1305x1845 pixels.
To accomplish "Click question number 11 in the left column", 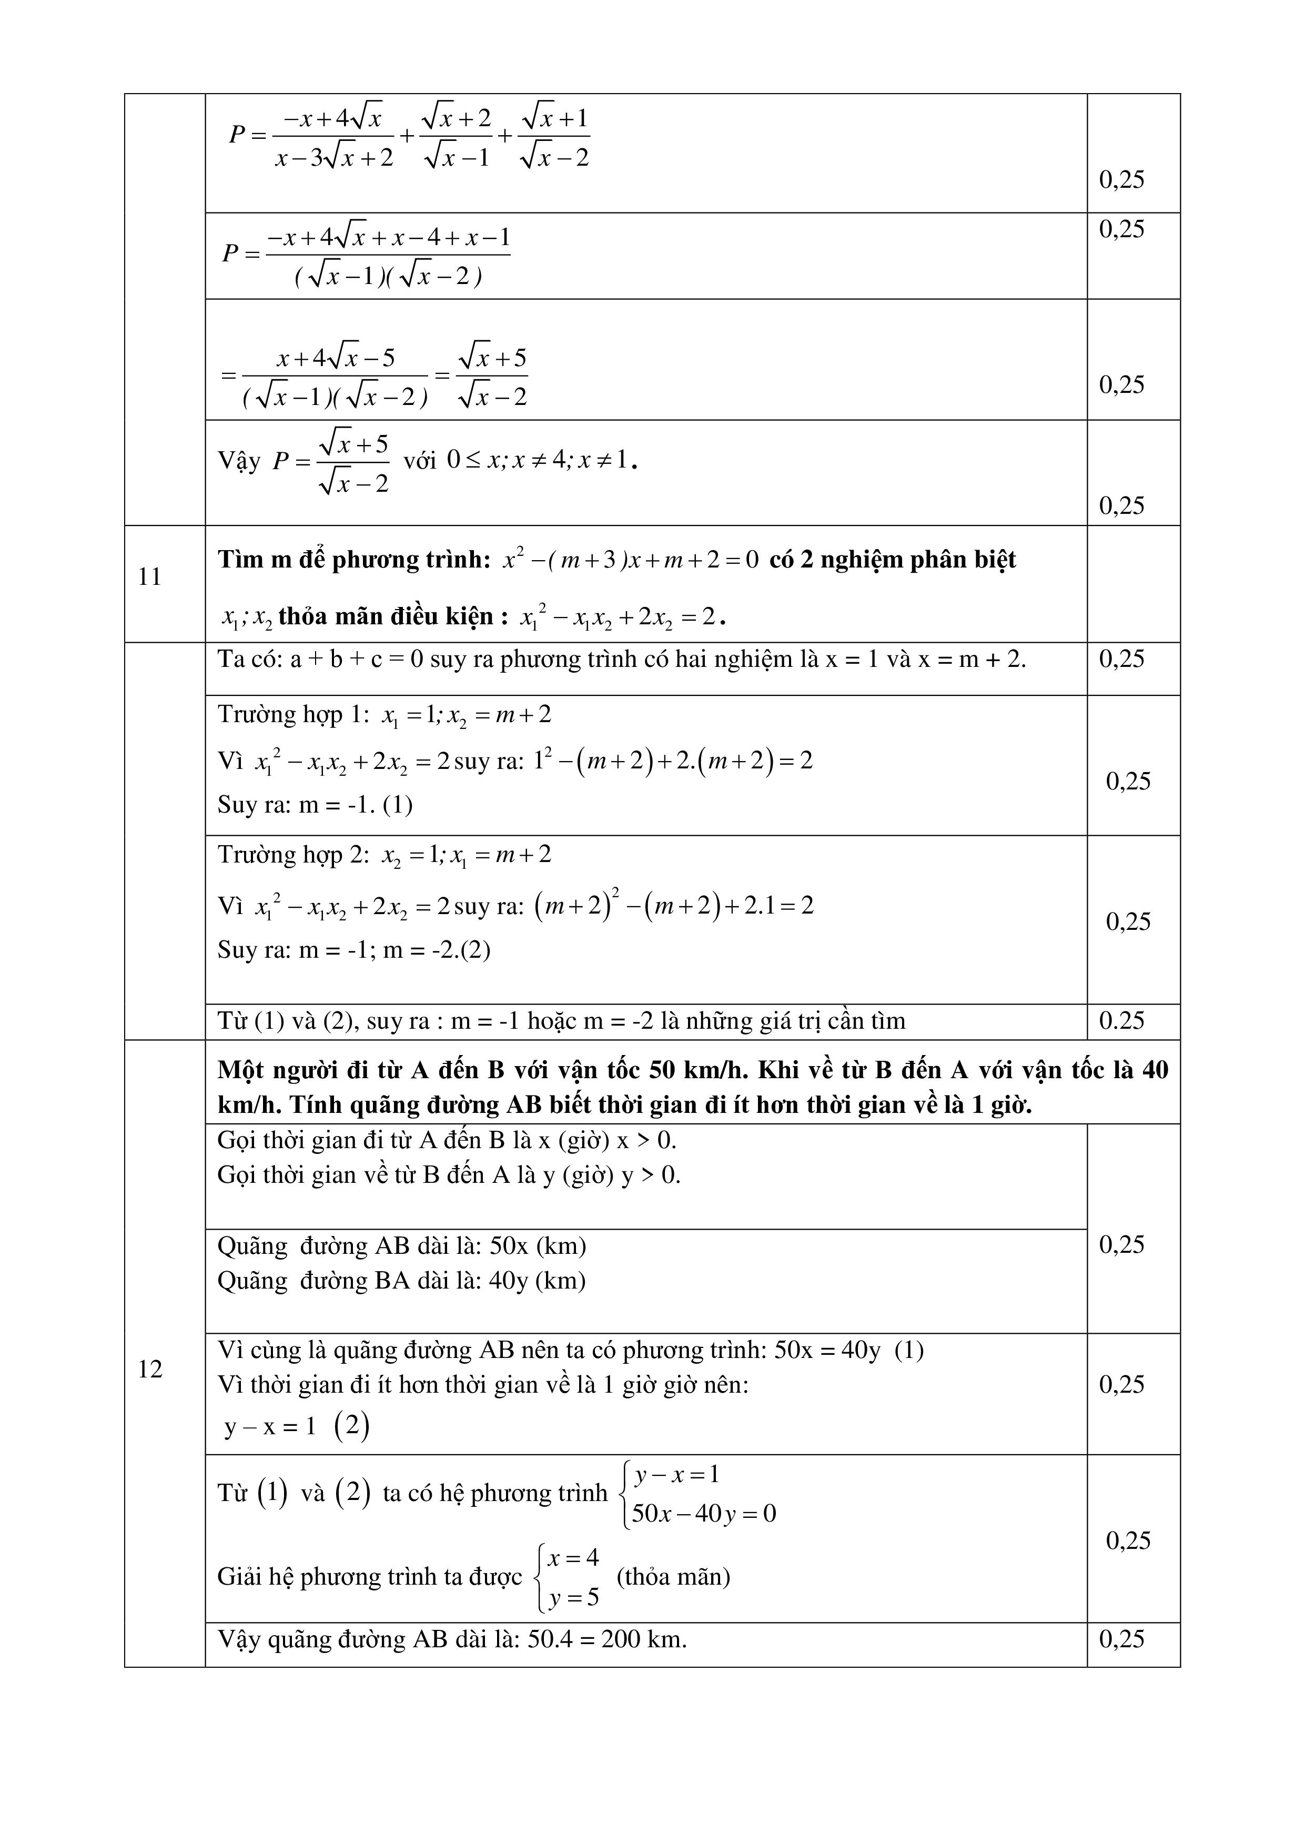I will click(x=150, y=577).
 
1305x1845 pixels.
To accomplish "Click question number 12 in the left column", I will click(x=150, y=1368).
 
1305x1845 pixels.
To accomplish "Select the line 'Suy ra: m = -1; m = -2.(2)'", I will click(x=353, y=950).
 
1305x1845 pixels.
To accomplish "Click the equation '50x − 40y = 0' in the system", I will click(x=704, y=1514).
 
